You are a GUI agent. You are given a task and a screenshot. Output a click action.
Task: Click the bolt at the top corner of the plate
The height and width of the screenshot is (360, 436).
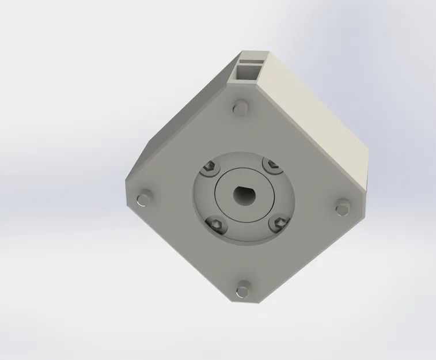241,108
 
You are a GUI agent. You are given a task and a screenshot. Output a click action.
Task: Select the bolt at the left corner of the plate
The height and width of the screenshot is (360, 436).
142,200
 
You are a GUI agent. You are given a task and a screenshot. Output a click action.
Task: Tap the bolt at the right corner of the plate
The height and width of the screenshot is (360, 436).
342,206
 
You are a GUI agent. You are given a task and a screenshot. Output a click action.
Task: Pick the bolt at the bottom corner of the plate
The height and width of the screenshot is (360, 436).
244,289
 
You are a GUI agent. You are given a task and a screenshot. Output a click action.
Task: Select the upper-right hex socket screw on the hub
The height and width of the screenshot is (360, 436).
272,167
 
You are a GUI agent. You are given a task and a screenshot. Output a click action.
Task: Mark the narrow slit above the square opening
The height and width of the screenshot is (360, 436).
254,59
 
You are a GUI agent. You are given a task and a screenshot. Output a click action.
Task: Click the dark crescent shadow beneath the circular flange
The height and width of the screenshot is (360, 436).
242,240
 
